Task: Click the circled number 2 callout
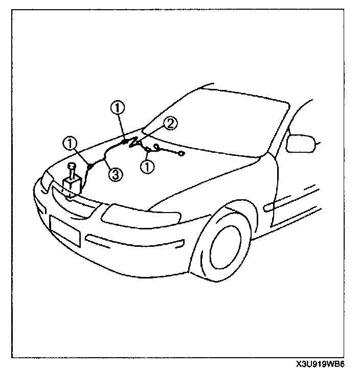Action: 171,123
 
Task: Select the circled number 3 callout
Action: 116,174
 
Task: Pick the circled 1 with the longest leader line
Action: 118,108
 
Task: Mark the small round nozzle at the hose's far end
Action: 182,153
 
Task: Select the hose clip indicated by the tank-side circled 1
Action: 89,165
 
